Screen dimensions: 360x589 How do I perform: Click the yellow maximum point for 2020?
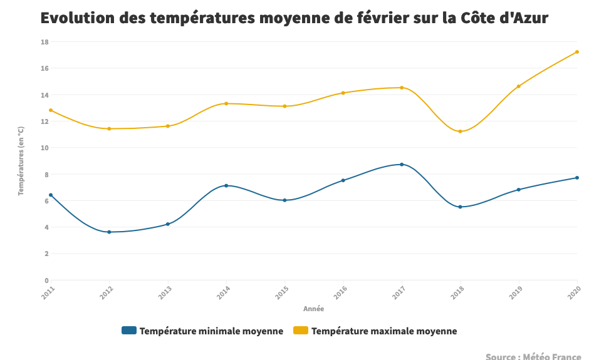tap(576, 52)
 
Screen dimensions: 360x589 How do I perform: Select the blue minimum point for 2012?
tap(109, 232)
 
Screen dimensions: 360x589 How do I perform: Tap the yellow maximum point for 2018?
tap(460, 131)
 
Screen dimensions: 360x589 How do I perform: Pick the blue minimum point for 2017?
tap(402, 165)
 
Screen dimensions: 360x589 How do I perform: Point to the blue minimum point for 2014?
tap(226, 186)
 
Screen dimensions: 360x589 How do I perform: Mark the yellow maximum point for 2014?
tap(226, 103)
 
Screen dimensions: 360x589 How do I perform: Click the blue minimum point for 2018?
tap(460, 207)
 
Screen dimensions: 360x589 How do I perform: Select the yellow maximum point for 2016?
tap(343, 93)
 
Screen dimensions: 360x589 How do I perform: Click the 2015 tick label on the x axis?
tap(283, 292)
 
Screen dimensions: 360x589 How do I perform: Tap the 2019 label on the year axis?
tap(517, 292)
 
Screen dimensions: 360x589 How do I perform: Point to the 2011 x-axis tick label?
tap(49, 292)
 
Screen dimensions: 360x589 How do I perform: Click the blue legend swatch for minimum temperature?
tap(128, 331)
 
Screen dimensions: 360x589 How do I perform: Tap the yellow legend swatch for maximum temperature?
tap(300, 331)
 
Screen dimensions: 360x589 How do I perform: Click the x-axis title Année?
tap(313, 309)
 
